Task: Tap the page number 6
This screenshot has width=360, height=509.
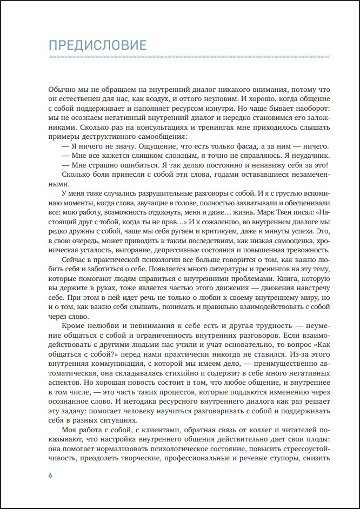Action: [50, 476]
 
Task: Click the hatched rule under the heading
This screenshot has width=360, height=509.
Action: [189, 57]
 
